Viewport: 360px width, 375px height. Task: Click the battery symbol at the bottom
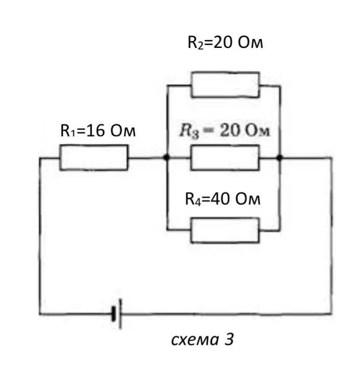[117, 314]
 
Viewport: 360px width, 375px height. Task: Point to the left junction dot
[167, 157]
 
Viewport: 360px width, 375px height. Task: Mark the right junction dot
[279, 157]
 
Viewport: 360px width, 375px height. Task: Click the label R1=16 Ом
[98, 131]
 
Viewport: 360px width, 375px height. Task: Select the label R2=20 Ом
[225, 42]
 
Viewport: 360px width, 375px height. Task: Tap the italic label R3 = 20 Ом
[225, 131]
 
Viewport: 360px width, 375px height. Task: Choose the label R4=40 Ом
[223, 199]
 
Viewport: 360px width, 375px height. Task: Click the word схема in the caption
[195, 340]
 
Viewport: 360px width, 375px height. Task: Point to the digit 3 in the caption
[229, 339]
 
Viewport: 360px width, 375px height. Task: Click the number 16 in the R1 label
[96, 131]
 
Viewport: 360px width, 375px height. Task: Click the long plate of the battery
[120, 314]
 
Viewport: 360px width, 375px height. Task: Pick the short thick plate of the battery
[114, 314]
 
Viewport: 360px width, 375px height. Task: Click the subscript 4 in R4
[198, 202]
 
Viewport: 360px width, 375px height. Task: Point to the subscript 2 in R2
[201, 46]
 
